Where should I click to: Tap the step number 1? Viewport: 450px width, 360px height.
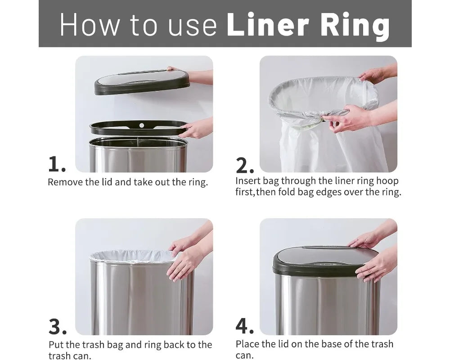(x=57, y=165)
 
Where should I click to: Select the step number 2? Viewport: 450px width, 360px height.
(x=245, y=166)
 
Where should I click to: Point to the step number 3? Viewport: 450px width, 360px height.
(x=57, y=327)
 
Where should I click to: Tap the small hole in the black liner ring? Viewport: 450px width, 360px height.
(x=141, y=125)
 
